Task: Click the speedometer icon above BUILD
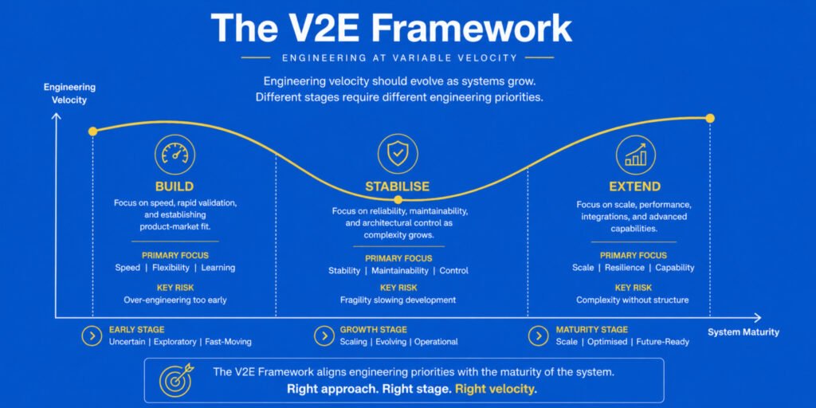(x=175, y=154)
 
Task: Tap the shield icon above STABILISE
(x=398, y=154)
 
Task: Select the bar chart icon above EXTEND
(x=635, y=155)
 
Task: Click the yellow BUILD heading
(x=175, y=186)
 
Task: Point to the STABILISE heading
(x=398, y=186)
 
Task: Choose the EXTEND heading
(x=635, y=186)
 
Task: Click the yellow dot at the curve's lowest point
(x=398, y=199)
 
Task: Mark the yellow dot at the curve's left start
(x=92, y=131)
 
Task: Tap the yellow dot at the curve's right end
(x=710, y=118)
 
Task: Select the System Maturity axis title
(x=743, y=332)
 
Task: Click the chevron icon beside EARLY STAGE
(x=92, y=336)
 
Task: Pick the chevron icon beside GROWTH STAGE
(x=324, y=336)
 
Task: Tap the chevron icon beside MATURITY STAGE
(x=538, y=336)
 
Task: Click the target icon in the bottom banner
(x=176, y=380)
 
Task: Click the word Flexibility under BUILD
(x=171, y=268)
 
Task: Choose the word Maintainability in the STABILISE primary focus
(x=400, y=271)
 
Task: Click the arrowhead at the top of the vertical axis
(x=57, y=116)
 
